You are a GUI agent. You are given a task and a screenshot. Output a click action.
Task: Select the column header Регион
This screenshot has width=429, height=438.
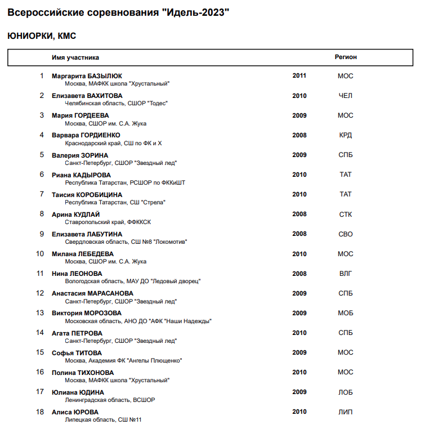346,57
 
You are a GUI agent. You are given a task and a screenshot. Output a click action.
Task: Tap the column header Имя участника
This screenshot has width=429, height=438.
75,57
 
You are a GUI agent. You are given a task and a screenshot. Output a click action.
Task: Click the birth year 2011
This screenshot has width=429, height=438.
300,75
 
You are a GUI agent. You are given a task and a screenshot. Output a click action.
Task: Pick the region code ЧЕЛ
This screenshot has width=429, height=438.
346,96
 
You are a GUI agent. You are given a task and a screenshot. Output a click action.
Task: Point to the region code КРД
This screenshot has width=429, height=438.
346,135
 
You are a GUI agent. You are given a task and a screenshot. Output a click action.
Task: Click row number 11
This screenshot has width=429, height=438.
40,274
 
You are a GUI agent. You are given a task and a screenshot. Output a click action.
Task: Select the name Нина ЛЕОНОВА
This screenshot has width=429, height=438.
77,274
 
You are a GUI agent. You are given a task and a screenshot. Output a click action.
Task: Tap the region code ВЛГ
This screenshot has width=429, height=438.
346,274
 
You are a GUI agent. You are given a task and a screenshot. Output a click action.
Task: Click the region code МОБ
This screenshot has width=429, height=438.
346,313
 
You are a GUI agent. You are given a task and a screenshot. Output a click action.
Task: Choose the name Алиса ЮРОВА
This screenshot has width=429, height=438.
75,412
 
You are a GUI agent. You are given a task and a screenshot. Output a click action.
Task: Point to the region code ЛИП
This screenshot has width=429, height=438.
346,412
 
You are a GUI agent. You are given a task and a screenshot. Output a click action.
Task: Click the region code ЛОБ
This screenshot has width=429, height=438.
346,392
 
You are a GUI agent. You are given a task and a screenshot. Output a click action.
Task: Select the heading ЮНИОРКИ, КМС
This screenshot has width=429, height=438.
42,36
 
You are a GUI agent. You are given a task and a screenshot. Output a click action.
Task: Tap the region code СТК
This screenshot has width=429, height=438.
346,214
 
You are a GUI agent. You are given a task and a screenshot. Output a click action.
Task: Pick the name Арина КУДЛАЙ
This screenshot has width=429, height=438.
75,214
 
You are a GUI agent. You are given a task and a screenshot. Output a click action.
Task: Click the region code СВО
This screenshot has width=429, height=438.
346,234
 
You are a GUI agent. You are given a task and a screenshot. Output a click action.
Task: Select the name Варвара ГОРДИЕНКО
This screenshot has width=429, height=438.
86,135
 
